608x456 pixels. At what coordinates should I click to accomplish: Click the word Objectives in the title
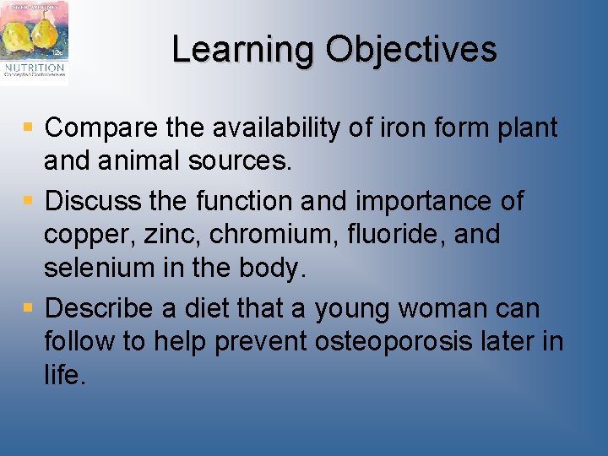coord(411,50)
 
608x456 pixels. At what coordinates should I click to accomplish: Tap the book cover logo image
coord(35,41)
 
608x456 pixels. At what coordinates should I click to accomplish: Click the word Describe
coord(100,308)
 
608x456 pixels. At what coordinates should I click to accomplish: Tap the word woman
coord(448,308)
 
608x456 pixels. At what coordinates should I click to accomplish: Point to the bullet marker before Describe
coord(28,308)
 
